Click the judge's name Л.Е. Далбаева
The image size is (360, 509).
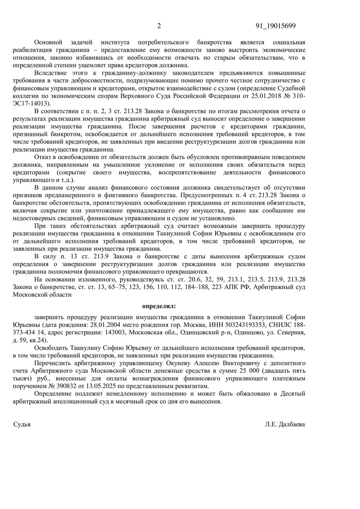coord(285,424)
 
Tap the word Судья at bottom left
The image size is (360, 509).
coord(23,424)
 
